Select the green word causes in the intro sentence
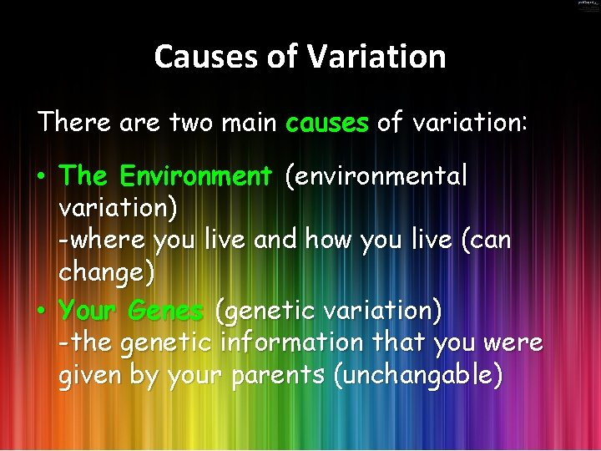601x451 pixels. coord(326,124)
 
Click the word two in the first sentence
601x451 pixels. coord(191,124)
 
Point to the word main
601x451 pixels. coord(250,124)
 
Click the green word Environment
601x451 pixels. coord(196,176)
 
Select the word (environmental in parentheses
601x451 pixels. coord(376,176)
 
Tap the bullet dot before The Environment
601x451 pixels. coord(41,178)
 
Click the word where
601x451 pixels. coord(106,241)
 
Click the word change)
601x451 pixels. coord(107,272)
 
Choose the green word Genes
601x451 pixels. coord(165,311)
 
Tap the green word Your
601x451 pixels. coord(89,311)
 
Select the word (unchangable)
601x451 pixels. coord(417,375)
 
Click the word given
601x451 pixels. coord(89,375)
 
